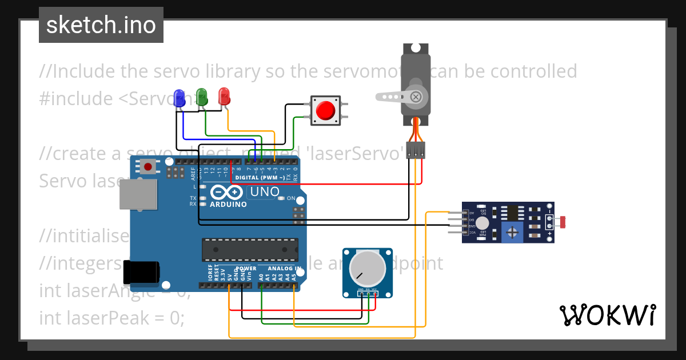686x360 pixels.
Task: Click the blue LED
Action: tap(180, 97)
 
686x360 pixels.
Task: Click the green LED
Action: tap(201, 96)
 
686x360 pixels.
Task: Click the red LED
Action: tap(224, 95)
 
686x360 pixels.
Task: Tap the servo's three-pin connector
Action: tap(416, 150)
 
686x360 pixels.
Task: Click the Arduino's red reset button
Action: tap(148, 167)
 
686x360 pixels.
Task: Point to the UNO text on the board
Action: tap(265, 192)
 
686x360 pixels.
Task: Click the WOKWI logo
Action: tap(607, 315)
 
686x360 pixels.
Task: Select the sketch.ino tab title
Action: tap(101, 25)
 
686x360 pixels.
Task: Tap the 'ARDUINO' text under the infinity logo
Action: tap(229, 204)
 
